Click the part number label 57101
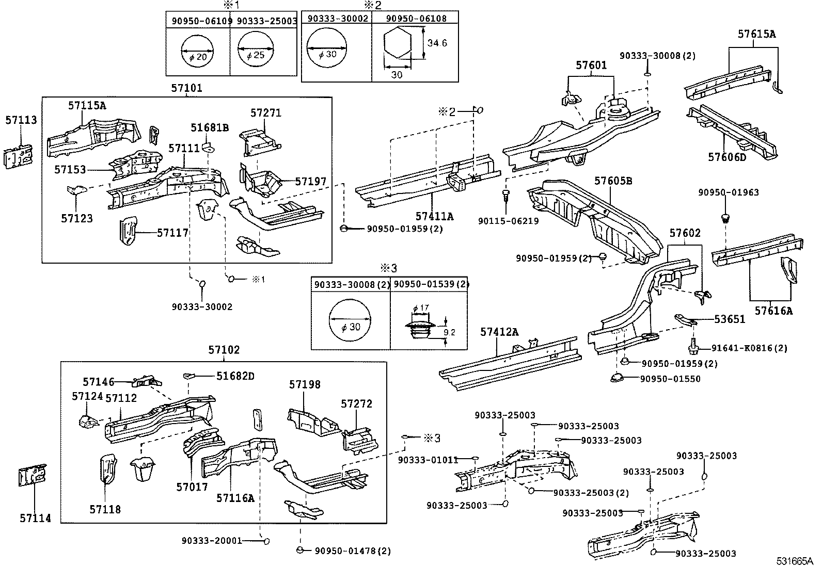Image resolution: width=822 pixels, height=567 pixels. pyautogui.click(x=186, y=88)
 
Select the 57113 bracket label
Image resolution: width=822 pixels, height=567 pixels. pyautogui.click(x=21, y=120)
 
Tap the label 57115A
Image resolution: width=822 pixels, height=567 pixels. pyautogui.click(x=87, y=105)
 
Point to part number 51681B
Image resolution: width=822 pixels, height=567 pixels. pyautogui.click(x=209, y=127)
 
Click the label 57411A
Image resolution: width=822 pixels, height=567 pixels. pyautogui.click(x=434, y=217)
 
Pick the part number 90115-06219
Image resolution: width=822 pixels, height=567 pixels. pyautogui.click(x=508, y=221)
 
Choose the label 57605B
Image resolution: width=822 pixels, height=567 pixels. pyautogui.click(x=613, y=181)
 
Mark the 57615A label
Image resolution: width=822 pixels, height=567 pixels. pyautogui.click(x=756, y=35)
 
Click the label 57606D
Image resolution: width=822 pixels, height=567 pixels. pyautogui.click(x=727, y=157)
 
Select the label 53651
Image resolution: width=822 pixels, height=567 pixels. pyautogui.click(x=730, y=319)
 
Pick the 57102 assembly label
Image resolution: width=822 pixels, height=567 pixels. pyautogui.click(x=224, y=350)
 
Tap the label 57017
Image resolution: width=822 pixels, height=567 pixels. pyautogui.click(x=192, y=487)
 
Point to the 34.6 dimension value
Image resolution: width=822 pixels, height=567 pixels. pyautogui.click(x=437, y=43)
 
